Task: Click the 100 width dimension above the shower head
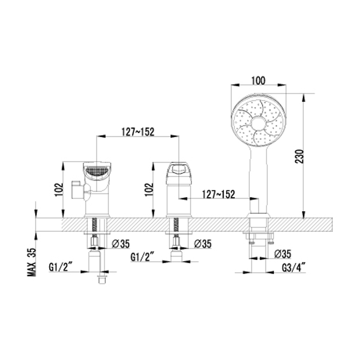click(x=258, y=81)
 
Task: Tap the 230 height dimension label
click(x=299, y=156)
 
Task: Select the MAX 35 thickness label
click(x=32, y=262)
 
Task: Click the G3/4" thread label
click(x=294, y=267)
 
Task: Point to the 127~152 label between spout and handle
click(x=138, y=132)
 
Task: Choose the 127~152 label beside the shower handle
click(x=219, y=194)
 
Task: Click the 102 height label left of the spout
click(x=59, y=189)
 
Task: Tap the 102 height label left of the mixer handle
click(x=149, y=189)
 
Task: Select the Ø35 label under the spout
click(x=121, y=243)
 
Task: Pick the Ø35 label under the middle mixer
click(x=202, y=243)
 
